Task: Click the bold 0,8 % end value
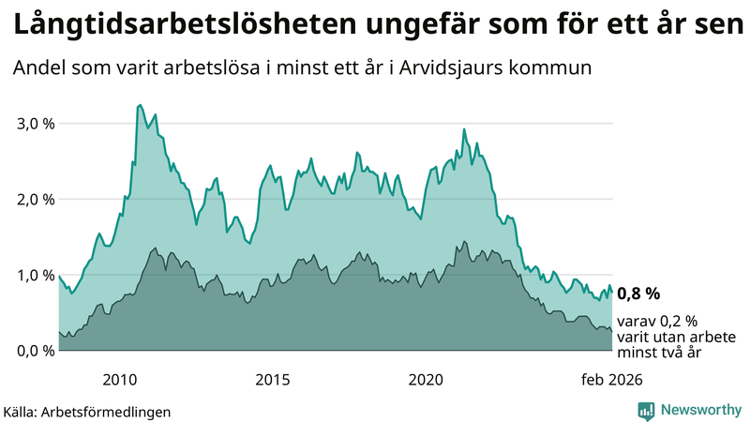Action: point(638,293)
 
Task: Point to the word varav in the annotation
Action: point(637,321)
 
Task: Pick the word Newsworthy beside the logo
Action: point(698,410)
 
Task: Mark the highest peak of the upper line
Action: point(140,105)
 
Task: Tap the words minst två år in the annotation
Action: point(660,353)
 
